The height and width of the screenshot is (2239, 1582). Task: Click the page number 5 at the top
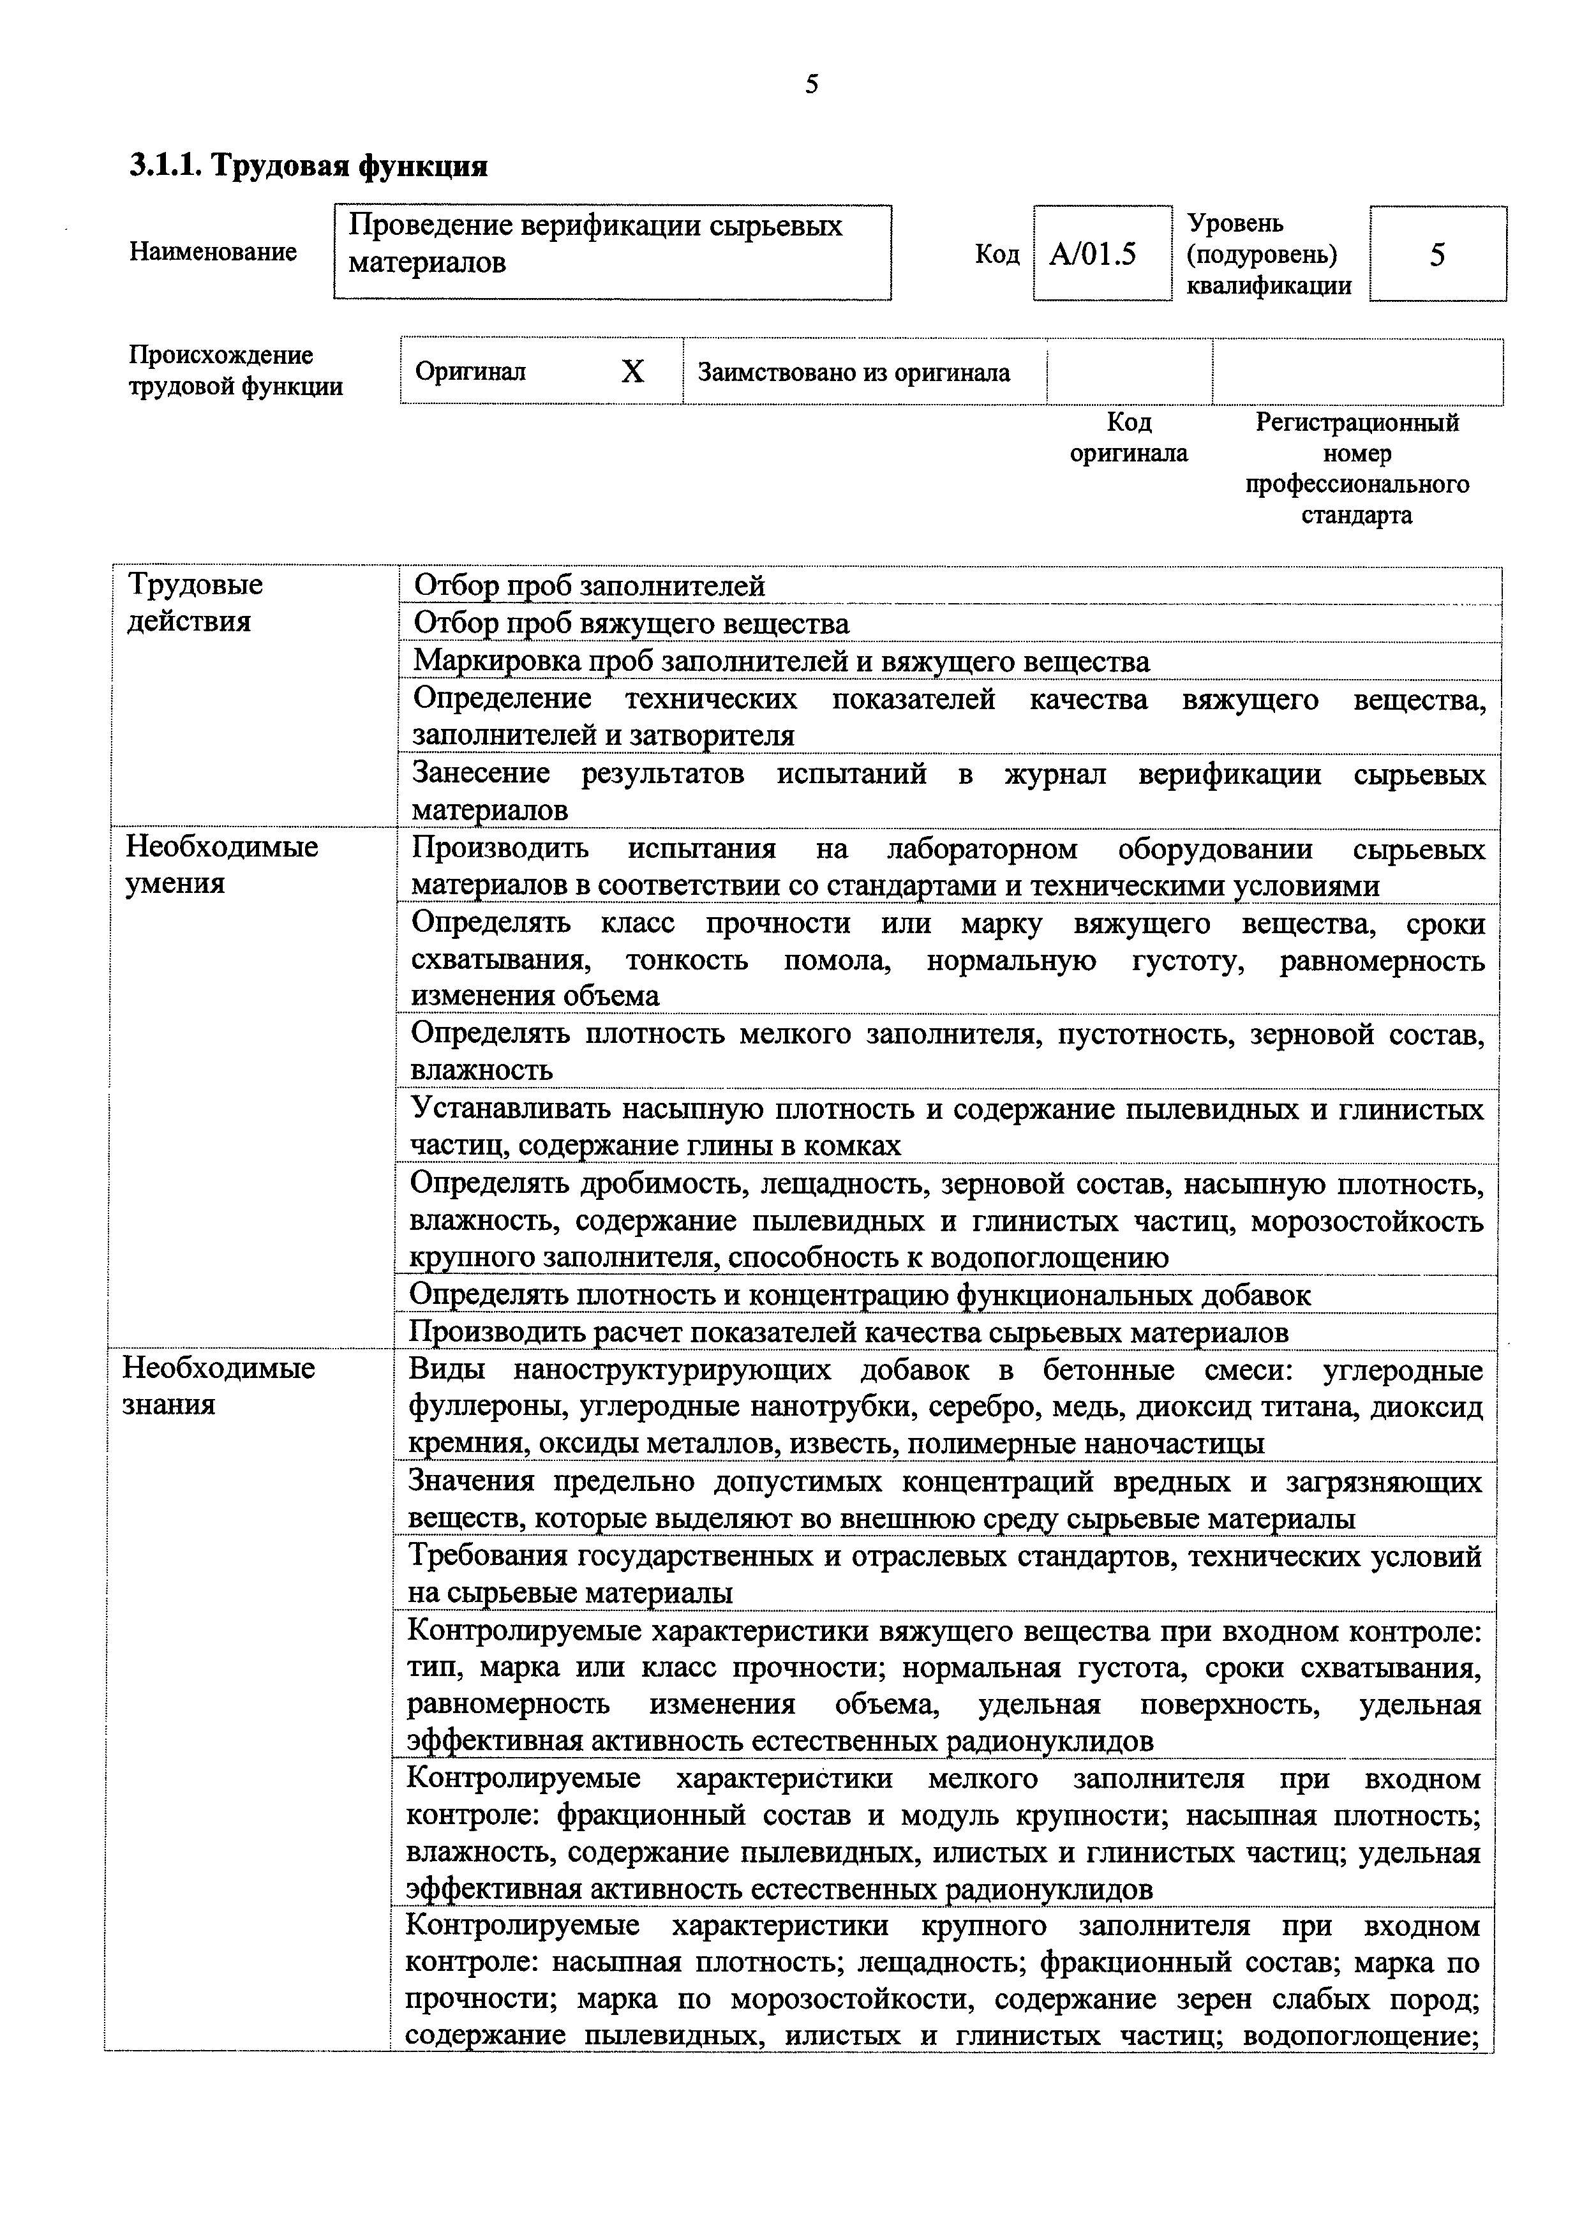(x=811, y=85)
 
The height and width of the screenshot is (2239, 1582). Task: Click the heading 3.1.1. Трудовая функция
(x=308, y=167)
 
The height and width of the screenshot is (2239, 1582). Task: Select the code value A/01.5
(x=1093, y=255)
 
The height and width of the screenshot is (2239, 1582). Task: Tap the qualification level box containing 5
(x=1436, y=255)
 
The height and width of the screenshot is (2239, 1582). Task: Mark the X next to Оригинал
(x=632, y=371)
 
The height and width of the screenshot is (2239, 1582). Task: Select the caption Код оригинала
(x=1129, y=438)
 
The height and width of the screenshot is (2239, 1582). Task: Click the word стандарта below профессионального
(x=1356, y=516)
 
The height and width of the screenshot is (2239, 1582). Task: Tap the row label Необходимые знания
(x=218, y=1386)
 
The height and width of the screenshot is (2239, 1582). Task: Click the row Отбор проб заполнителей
(x=590, y=586)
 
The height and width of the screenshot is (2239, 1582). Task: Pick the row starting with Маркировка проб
(x=780, y=661)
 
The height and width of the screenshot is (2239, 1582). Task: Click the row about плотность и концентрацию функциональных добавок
(x=860, y=1295)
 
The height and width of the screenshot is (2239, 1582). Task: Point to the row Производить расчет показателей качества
(x=848, y=1332)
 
